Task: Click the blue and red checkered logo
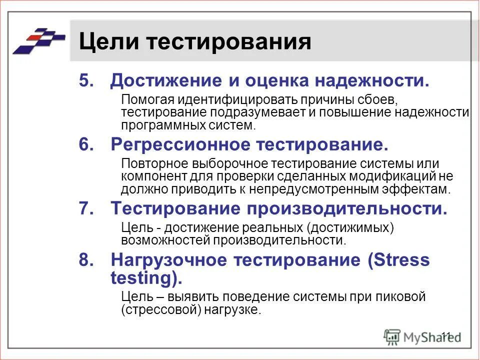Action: [x=39, y=40]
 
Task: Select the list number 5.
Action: [x=85, y=80]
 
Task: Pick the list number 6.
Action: [x=85, y=145]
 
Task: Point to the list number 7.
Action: [x=85, y=208]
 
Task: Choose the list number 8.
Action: [x=85, y=260]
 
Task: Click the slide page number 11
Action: [x=446, y=335]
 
